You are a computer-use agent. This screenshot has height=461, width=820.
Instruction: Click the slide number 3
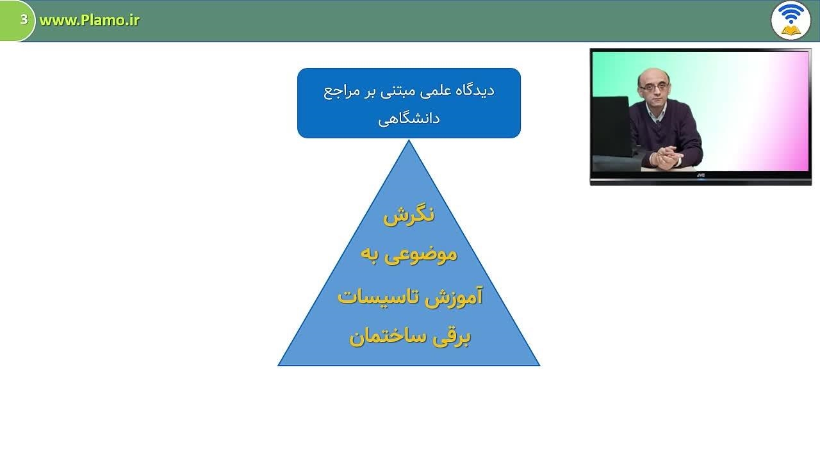pos(24,19)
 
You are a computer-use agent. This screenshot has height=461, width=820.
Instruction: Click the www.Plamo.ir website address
pos(89,20)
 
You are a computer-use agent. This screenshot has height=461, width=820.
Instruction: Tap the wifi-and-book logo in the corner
pos(791,20)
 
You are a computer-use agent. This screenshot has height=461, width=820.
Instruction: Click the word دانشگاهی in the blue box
pos(409,119)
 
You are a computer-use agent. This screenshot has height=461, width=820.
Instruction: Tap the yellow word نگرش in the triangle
pos(409,216)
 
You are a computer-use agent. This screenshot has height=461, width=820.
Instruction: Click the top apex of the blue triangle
pos(409,140)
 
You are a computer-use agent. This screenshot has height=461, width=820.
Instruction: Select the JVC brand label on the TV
pos(701,175)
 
